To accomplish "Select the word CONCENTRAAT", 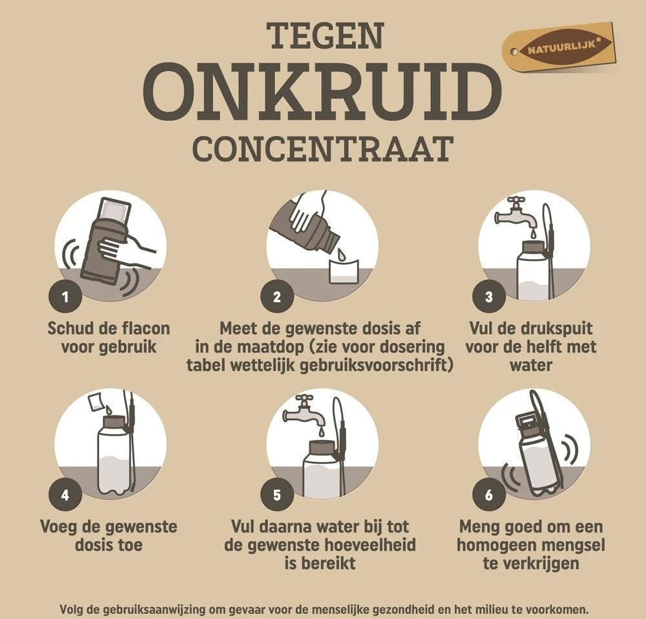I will (x=322, y=148).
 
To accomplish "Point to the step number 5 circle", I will (x=277, y=496).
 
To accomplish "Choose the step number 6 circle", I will (x=489, y=496).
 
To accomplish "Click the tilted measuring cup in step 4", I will (x=97, y=402).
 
